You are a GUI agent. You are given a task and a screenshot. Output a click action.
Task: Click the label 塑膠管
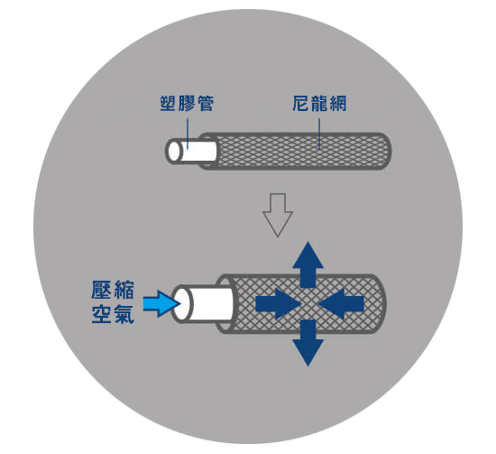[187, 103]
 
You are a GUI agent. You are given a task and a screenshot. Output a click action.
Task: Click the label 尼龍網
[319, 103]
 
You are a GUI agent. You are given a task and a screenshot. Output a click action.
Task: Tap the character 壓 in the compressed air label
[102, 290]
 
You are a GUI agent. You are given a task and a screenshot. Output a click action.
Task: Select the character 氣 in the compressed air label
[124, 314]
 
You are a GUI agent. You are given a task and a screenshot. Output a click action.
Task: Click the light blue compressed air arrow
[161, 303]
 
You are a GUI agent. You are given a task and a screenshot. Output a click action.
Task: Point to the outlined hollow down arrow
[278, 215]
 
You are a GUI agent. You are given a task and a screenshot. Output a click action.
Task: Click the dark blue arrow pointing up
[308, 264]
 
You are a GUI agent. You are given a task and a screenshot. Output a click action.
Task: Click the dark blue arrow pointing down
[308, 343]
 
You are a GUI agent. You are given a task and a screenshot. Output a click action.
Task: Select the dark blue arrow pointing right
[279, 304]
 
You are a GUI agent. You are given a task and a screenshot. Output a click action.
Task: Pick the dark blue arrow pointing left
[341, 304]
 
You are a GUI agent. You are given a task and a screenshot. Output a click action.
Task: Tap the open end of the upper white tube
[174, 152]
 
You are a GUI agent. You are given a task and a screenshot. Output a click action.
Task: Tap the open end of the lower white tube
[181, 304]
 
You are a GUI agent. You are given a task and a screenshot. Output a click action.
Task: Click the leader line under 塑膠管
[188, 134]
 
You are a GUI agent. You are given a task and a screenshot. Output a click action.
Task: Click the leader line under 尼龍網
[319, 134]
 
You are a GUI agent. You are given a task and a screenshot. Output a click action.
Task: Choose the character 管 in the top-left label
[206, 103]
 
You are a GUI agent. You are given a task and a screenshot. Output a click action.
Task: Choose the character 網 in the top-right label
[338, 103]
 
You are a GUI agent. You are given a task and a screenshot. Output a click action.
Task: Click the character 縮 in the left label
[124, 290]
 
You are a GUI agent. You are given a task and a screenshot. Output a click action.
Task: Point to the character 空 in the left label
[102, 314]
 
